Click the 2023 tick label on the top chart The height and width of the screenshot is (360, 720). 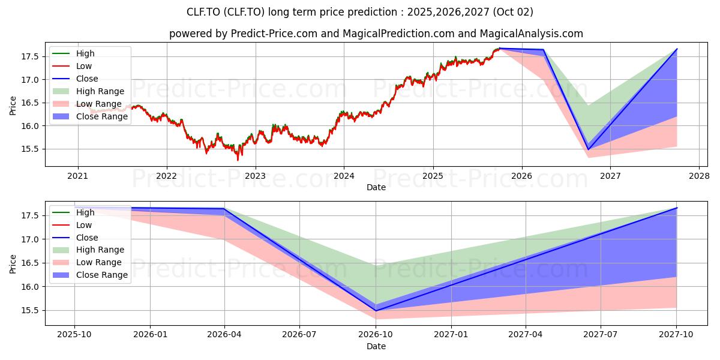tap(256, 176)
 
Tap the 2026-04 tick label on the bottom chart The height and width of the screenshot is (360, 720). tap(224, 335)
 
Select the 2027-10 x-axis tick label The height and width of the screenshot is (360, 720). tap(676, 335)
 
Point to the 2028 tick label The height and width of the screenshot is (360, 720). tap(700, 176)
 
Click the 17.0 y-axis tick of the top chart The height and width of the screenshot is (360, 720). tap(30, 80)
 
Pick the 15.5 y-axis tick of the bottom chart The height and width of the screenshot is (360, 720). tap(30, 311)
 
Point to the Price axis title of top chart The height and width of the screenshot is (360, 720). tap(13, 106)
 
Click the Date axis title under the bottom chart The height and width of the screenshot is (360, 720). tap(376, 347)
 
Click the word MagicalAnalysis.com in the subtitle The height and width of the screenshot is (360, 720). tap(532, 34)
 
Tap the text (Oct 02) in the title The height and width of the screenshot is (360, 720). tap(512, 12)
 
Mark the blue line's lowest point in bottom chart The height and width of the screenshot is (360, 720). tap(376, 311)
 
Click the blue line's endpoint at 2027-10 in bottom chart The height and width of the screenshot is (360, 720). tap(677, 208)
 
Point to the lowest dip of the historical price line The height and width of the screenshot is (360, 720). tap(238, 160)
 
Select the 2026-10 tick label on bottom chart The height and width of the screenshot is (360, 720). tap(376, 335)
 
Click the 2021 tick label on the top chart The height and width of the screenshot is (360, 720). tap(78, 176)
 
